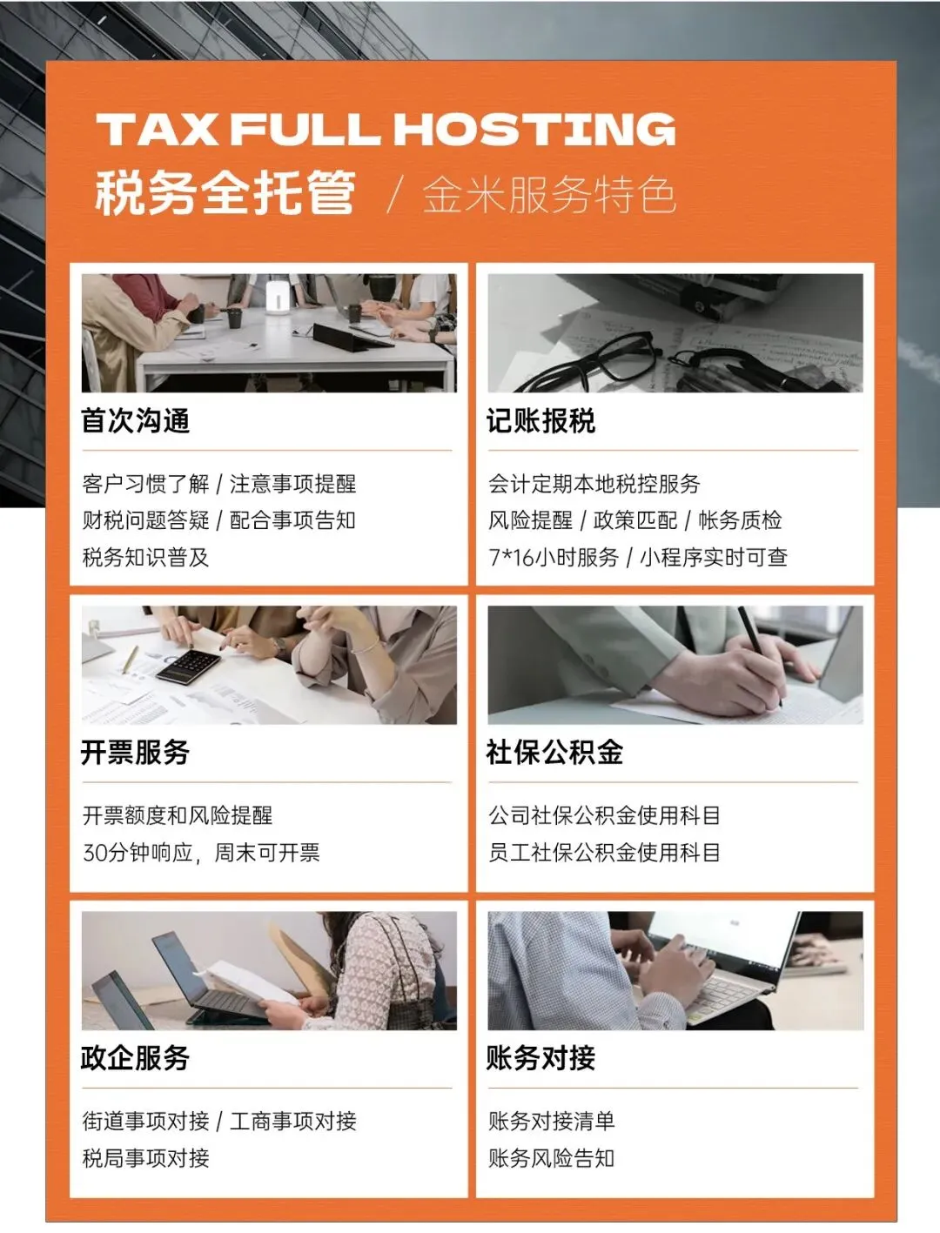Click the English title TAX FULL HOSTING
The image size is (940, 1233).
point(386,129)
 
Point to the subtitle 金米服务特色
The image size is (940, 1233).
point(549,196)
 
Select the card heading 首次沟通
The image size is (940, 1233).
point(136,421)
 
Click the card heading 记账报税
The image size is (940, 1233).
point(541,421)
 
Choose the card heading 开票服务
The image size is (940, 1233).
point(136,752)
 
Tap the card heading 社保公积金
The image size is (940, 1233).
point(555,752)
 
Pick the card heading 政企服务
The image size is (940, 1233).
point(136,1058)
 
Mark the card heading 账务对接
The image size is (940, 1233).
point(541,1058)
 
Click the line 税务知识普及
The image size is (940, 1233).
point(146,557)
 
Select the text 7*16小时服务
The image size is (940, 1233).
point(554,557)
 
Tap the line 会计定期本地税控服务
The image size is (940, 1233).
point(594,484)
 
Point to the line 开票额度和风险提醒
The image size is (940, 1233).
point(178,815)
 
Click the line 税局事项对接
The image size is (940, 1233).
point(146,1157)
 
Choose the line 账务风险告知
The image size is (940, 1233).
point(551,1157)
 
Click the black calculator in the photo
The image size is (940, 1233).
point(188,667)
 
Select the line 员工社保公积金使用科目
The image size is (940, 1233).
point(605,852)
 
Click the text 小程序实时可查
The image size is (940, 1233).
point(714,557)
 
